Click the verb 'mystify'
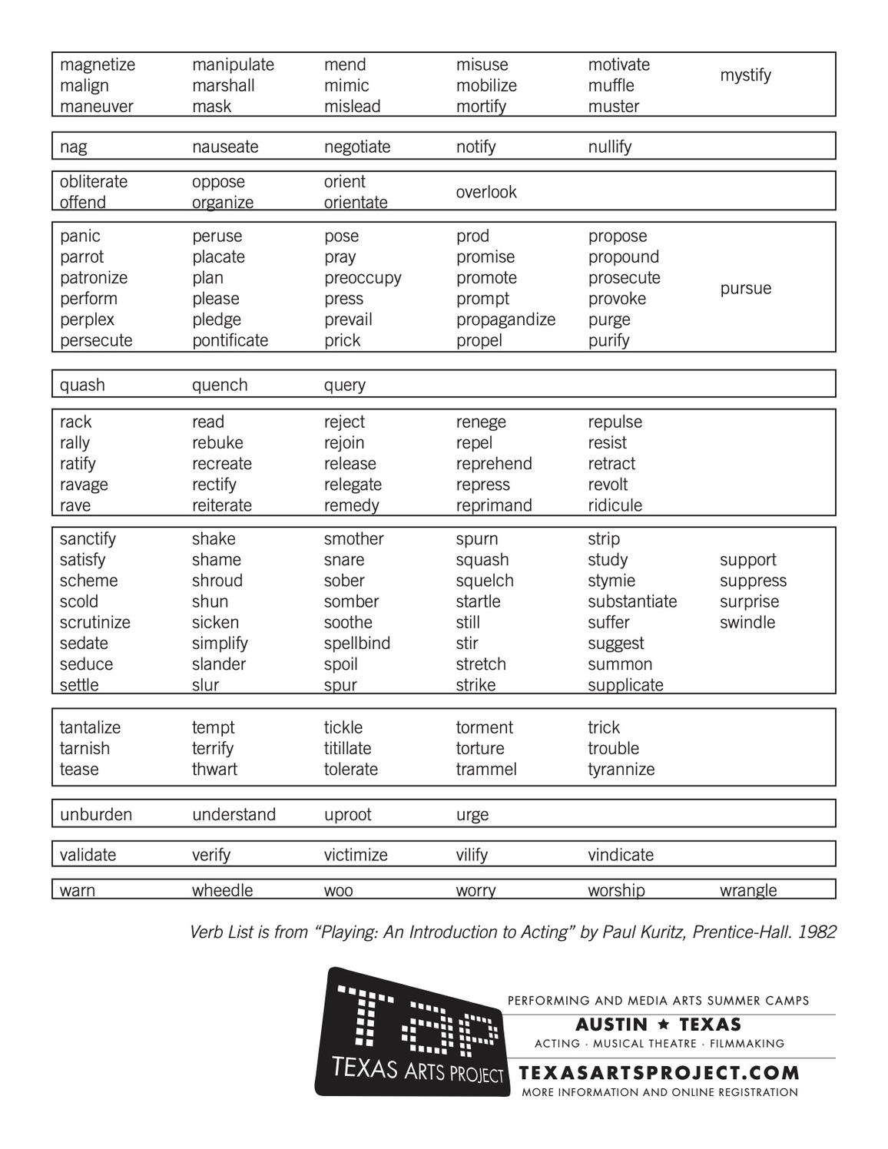coord(745,75)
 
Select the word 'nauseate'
coord(225,147)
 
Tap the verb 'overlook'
coord(486,192)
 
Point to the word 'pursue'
coord(745,289)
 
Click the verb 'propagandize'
coord(505,320)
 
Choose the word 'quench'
coord(220,385)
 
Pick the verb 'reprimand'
coord(494,505)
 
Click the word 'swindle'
coord(747,622)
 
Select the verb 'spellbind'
coord(357,643)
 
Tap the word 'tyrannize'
coord(621,769)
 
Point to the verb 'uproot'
coord(347,814)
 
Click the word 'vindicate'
coord(621,855)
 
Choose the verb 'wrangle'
coord(748,890)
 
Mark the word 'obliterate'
coord(94,182)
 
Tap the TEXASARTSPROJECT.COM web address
coord(659,1073)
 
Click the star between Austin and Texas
coord(663,1025)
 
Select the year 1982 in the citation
coord(817,932)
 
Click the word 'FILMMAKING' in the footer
coord(747,1044)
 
